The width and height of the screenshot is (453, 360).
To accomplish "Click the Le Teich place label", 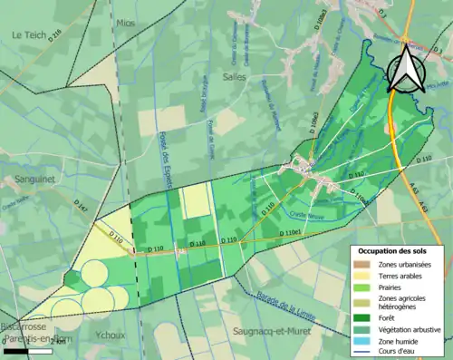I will coord(29,34).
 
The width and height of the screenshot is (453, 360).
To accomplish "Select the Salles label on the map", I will coord(234,78).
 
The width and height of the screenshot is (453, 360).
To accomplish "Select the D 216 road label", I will coord(55,39).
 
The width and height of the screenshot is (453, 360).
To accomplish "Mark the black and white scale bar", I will coord(26,350).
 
